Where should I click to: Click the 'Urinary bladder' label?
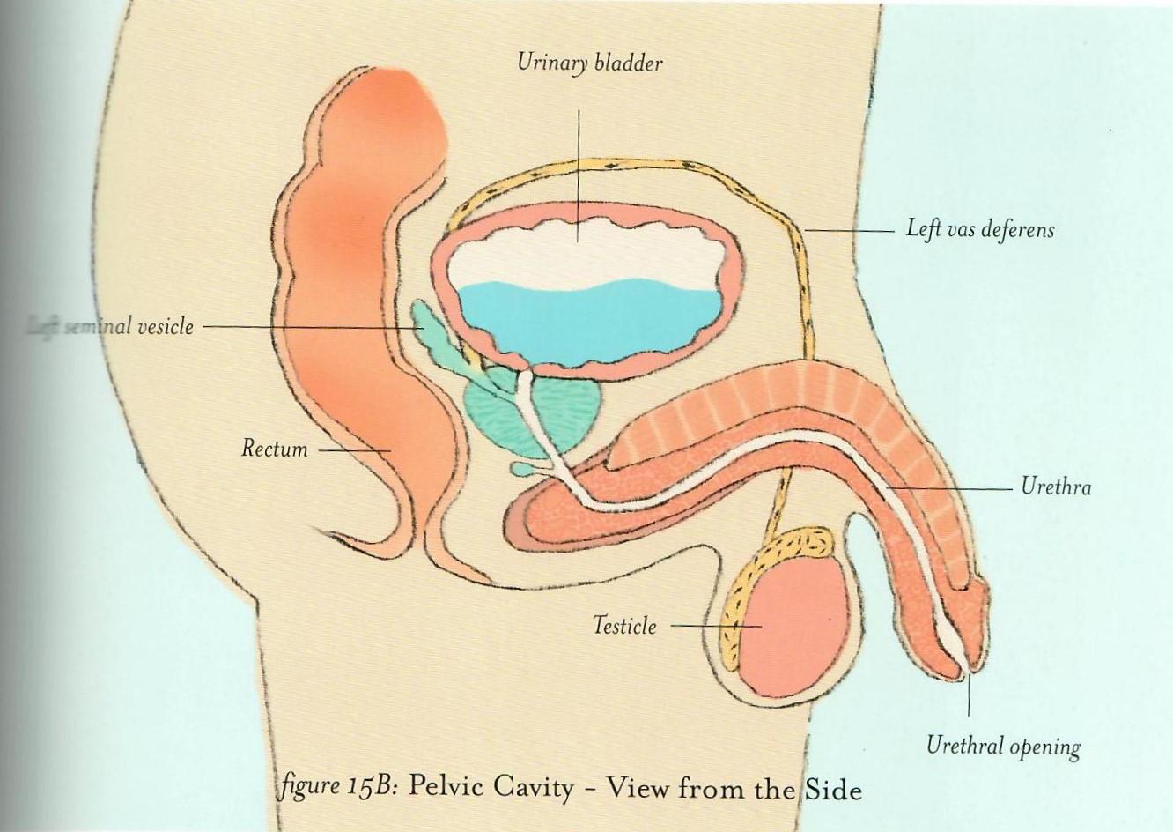pos(589,64)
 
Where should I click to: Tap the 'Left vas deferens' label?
pos(980,230)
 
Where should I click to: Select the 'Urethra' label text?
pos(1056,487)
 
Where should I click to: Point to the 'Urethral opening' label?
pos(1003,747)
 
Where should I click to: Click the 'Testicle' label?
pos(624,627)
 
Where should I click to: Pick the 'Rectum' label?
pos(275,449)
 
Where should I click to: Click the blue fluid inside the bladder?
pos(581,322)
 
